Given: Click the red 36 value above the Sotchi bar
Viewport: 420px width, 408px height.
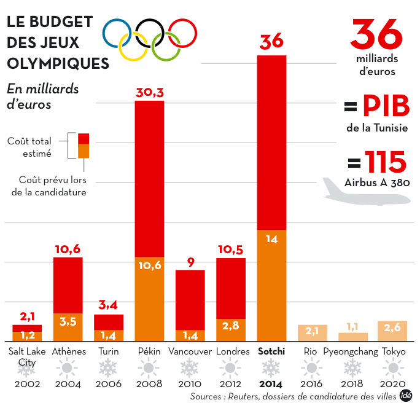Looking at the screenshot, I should tap(271, 42).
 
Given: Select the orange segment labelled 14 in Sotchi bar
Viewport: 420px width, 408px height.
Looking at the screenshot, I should tap(271, 286).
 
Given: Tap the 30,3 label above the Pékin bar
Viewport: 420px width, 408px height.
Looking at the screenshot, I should tap(149, 93).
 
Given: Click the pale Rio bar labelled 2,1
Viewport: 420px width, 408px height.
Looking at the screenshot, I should tap(312, 332).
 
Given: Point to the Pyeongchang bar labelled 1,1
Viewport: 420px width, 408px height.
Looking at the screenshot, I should tap(353, 336).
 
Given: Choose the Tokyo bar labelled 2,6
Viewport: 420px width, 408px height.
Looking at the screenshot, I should tap(392, 331).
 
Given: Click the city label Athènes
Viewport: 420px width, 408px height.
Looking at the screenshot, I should tap(69, 352).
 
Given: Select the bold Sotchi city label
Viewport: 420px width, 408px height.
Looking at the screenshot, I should tap(271, 352).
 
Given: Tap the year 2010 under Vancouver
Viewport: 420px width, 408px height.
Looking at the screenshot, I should tap(190, 385).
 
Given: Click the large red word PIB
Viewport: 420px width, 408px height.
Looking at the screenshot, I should tap(385, 107).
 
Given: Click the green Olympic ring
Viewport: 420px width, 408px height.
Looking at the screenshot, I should tap(166, 46).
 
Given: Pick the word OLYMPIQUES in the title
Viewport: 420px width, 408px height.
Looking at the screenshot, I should tap(58, 63).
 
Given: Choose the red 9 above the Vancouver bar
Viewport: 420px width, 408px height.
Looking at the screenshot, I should tap(190, 262).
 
